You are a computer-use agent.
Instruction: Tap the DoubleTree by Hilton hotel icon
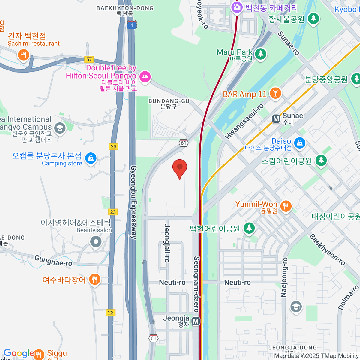coord(145,77)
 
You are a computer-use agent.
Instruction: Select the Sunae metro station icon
coord(276,119)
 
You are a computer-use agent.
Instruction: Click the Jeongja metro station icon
coord(196,321)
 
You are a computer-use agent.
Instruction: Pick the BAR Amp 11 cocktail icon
coord(275,93)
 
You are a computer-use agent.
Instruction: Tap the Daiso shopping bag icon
coord(300,143)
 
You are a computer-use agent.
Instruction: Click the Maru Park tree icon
coord(260,54)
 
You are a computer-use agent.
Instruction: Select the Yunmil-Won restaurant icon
coord(286,206)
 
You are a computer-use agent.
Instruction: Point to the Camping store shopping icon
coord(91,158)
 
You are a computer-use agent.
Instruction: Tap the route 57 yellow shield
coord(89,59)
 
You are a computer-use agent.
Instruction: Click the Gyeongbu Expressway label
coord(133,202)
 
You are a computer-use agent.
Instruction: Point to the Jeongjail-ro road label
coord(167,243)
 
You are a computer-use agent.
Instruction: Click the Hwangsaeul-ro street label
coord(244,121)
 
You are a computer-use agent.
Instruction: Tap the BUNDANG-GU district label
coord(169,101)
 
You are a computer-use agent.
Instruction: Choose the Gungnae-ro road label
coord(53,261)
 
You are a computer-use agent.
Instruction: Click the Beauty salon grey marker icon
coord(96,241)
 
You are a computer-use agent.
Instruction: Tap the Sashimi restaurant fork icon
coord(23,55)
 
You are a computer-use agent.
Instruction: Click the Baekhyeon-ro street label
coord(327,250)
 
